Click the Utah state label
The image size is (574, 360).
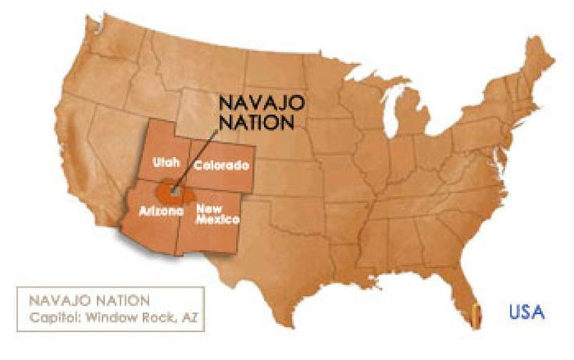(x=166, y=162)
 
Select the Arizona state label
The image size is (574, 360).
(x=161, y=211)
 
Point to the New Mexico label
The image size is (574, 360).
(x=217, y=214)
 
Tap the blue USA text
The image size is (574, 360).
(x=527, y=312)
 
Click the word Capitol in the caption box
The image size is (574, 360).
(x=52, y=317)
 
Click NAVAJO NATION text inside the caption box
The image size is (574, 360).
(x=86, y=301)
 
